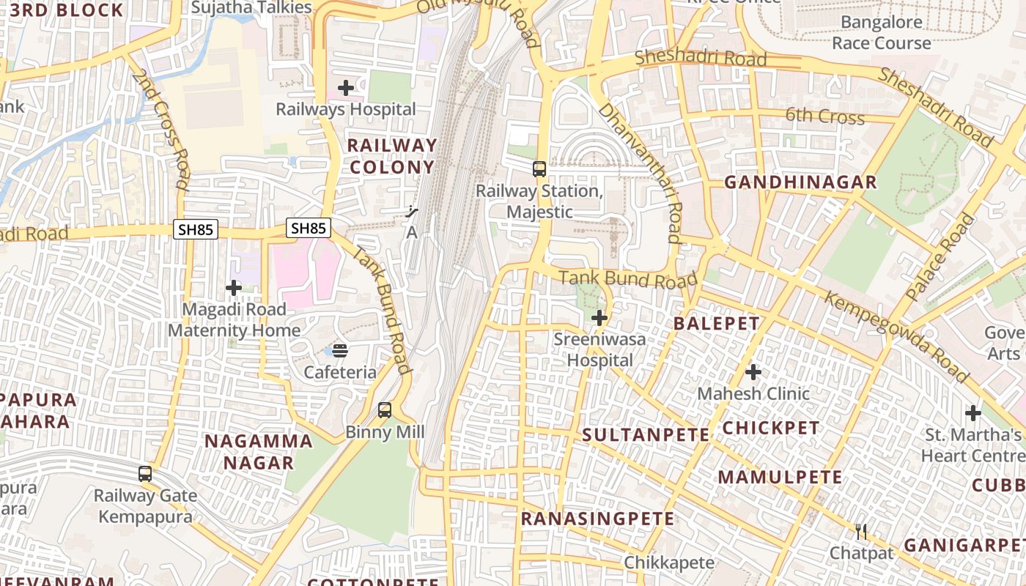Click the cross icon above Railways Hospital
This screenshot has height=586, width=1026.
[x=345, y=89]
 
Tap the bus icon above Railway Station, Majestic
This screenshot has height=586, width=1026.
[x=539, y=169]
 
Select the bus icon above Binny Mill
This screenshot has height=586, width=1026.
[x=385, y=410]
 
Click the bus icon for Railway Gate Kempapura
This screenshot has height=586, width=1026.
[x=145, y=474]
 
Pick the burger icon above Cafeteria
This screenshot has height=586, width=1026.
[x=340, y=350]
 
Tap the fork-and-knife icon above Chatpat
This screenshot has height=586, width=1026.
[x=862, y=531]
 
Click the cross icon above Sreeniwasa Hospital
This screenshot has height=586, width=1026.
[x=599, y=318]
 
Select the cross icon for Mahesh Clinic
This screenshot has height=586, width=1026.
[x=753, y=372]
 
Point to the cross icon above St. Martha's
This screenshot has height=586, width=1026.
[x=973, y=413]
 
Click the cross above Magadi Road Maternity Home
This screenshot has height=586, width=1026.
[x=234, y=288]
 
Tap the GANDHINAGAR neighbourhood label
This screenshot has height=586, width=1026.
[x=800, y=182]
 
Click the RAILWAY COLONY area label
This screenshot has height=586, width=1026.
[x=392, y=156]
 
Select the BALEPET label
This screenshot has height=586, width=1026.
[x=717, y=323]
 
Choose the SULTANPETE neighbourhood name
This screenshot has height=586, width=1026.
[x=646, y=434]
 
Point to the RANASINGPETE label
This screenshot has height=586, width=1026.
[x=597, y=519]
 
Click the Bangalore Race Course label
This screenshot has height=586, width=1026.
[x=882, y=32]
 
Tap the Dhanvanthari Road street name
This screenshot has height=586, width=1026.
[x=641, y=173]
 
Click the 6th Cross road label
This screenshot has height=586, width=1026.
[x=825, y=116]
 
